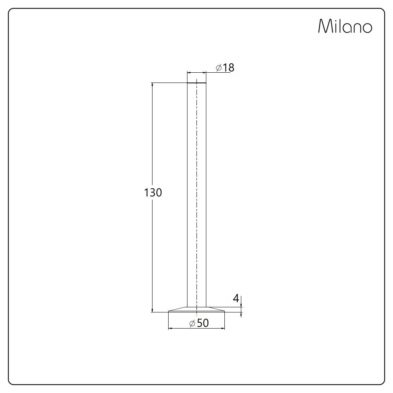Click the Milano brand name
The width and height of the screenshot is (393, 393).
pyautogui.click(x=345, y=26)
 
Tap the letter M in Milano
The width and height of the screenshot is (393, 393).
pyautogui.click(x=324, y=26)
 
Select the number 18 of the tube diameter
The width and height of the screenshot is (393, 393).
pyautogui.click(x=229, y=68)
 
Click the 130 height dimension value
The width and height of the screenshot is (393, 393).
pyautogui.click(x=153, y=193)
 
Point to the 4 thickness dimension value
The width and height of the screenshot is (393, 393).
pyautogui.click(x=236, y=299)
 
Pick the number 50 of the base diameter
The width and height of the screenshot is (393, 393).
pyautogui.click(x=203, y=323)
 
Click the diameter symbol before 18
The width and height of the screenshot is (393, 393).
pyautogui.click(x=219, y=68)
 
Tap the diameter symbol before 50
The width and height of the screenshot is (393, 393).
pyautogui.click(x=192, y=323)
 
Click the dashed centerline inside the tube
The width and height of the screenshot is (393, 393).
pyautogui.click(x=196, y=196)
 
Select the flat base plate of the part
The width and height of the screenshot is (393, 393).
pyautogui.click(x=196, y=310)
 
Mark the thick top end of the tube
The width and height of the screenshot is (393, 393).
pyautogui.click(x=196, y=83)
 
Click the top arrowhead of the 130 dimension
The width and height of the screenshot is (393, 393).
pyautogui.click(x=152, y=85)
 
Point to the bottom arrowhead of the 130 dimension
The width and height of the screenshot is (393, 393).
pyautogui.click(x=152, y=310)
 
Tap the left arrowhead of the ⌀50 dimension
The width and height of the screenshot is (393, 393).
pyautogui.click(x=170, y=328)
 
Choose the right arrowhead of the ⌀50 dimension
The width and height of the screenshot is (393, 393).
pyautogui.click(x=222, y=328)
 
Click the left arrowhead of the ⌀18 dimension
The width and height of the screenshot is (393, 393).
pyautogui.click(x=189, y=73)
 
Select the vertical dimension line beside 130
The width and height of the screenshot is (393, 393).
pyautogui.click(x=152, y=244)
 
